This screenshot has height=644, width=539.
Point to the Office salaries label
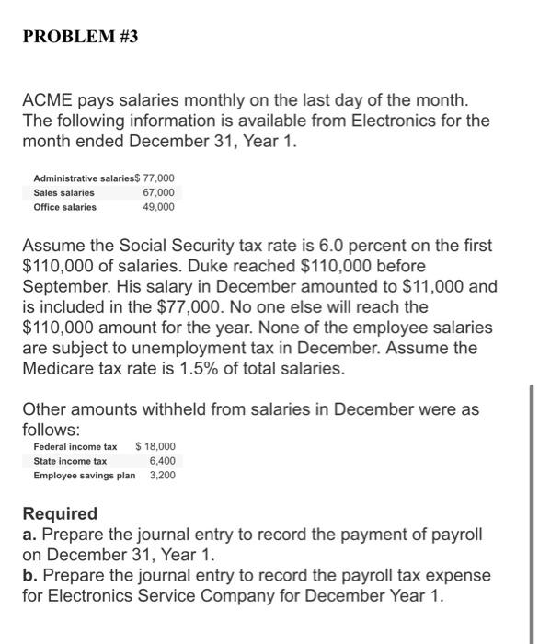point(64,207)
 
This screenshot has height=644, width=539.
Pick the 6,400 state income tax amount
point(161,461)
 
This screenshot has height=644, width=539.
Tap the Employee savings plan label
point(84,476)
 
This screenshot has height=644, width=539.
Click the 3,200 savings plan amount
point(161,476)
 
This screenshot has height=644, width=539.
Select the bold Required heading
point(60,513)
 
